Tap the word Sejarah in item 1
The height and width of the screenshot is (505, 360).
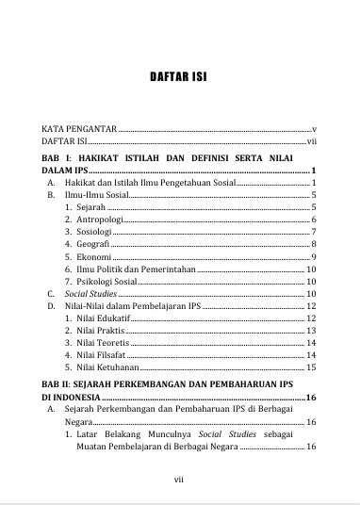coord(92,207)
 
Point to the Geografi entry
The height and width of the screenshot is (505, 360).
coord(93,245)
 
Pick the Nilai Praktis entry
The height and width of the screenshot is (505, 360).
coord(100,332)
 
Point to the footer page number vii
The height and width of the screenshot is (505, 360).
coord(179,478)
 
